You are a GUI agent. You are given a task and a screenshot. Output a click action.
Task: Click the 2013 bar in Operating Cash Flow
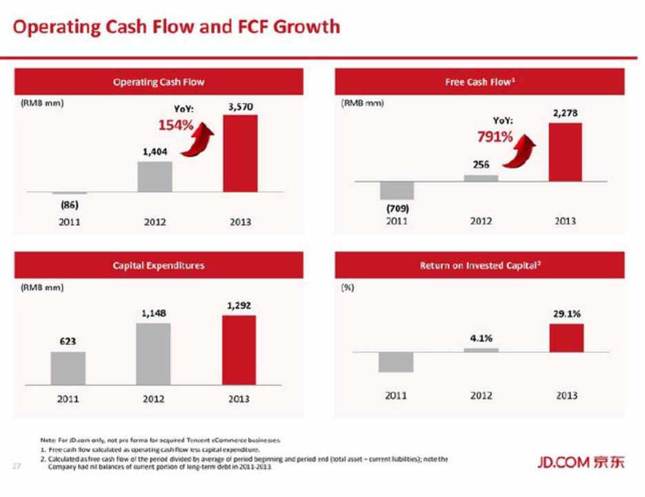(x=240, y=153)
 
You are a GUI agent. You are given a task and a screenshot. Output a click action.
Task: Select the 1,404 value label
(x=155, y=151)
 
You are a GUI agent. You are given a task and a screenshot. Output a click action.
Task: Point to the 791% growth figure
(x=495, y=137)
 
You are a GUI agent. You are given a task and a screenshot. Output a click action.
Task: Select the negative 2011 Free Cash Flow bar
(x=397, y=191)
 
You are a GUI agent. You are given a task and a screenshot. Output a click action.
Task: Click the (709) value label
(x=397, y=208)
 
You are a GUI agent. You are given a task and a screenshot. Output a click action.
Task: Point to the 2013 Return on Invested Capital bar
(x=566, y=338)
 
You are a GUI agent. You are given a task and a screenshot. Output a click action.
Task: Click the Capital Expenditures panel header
(x=159, y=264)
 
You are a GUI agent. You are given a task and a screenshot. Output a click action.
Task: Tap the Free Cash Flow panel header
(x=481, y=81)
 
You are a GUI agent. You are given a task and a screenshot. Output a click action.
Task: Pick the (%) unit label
(x=348, y=288)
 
